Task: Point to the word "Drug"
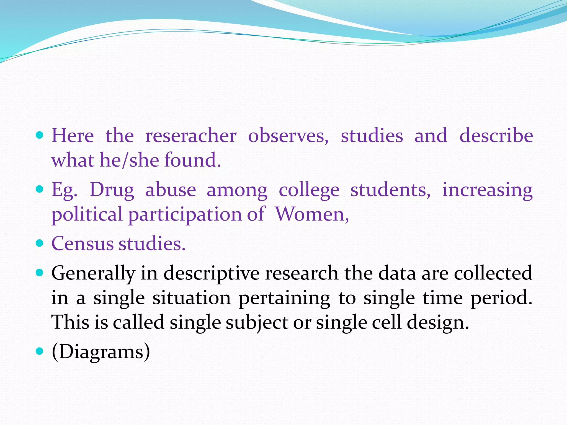pyautogui.click(x=112, y=190)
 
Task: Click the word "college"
pyautogui.click(x=309, y=190)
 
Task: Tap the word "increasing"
pyautogui.click(x=488, y=190)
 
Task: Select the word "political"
pyautogui.click(x=87, y=214)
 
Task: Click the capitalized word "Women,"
pyautogui.click(x=312, y=214)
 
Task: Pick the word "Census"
pyautogui.click(x=83, y=243)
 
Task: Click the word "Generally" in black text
pyautogui.click(x=93, y=273)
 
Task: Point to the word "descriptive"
pyautogui.click(x=212, y=273)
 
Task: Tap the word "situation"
pyautogui.click(x=192, y=298)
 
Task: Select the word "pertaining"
pyautogui.click(x=284, y=298)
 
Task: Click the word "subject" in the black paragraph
pyautogui.click(x=257, y=323)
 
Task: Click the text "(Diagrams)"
pyautogui.click(x=101, y=352)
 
